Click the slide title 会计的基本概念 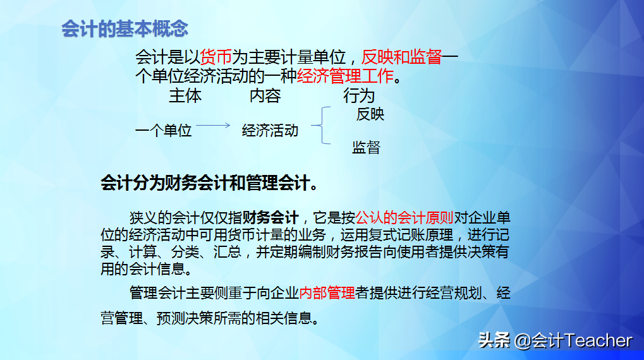(125, 29)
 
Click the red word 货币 (216, 57)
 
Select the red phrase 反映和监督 (401, 57)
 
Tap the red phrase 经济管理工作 (345, 77)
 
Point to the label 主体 (185, 96)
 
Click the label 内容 (265, 96)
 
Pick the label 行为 (358, 96)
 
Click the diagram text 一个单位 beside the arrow (163, 131)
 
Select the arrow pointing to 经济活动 (213, 126)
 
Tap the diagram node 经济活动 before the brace (270, 131)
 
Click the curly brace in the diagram (320, 126)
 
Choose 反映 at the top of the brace (370, 114)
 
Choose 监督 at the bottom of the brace (366, 148)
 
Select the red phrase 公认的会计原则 (404, 219)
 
